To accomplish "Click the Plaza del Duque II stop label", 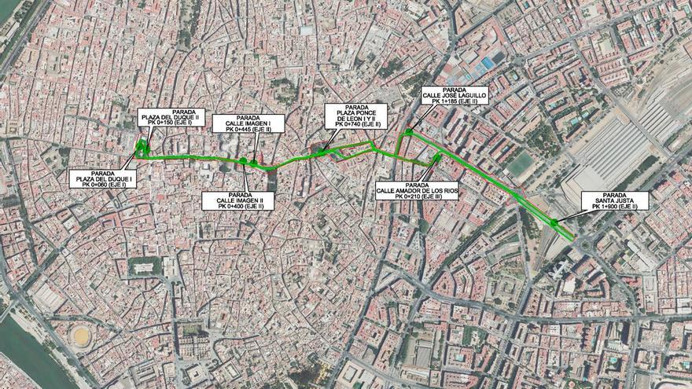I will (x=171, y=117).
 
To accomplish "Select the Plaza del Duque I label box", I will (x=102, y=179).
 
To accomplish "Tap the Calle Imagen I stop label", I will (x=248, y=123).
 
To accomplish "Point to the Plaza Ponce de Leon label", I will (x=356, y=116).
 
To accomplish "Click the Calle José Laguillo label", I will (x=455, y=95).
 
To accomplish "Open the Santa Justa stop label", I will (x=614, y=200).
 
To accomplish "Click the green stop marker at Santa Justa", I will (x=554, y=223).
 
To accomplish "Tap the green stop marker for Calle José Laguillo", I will (x=409, y=132).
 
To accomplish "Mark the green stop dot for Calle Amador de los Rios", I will (x=438, y=156).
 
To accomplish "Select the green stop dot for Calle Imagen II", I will (x=244, y=161).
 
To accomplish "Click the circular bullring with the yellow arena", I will (x=80, y=336).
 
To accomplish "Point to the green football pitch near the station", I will (x=521, y=163).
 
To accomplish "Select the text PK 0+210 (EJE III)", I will (x=417, y=196).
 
